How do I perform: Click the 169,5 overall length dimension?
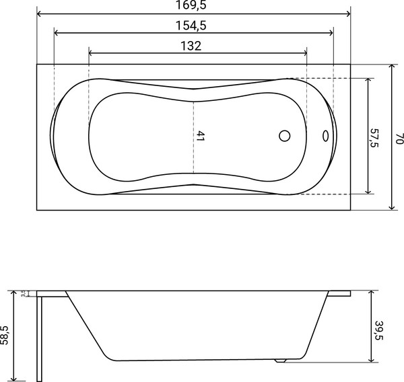click(193, 5)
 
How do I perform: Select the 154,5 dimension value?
click(193, 26)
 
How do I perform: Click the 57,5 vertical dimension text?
click(374, 135)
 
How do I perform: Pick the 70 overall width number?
click(399, 138)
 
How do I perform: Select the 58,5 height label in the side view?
click(5, 335)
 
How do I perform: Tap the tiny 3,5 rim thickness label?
click(23, 293)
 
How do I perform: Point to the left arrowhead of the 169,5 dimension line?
click(39, 13)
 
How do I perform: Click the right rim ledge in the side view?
click(339, 293)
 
